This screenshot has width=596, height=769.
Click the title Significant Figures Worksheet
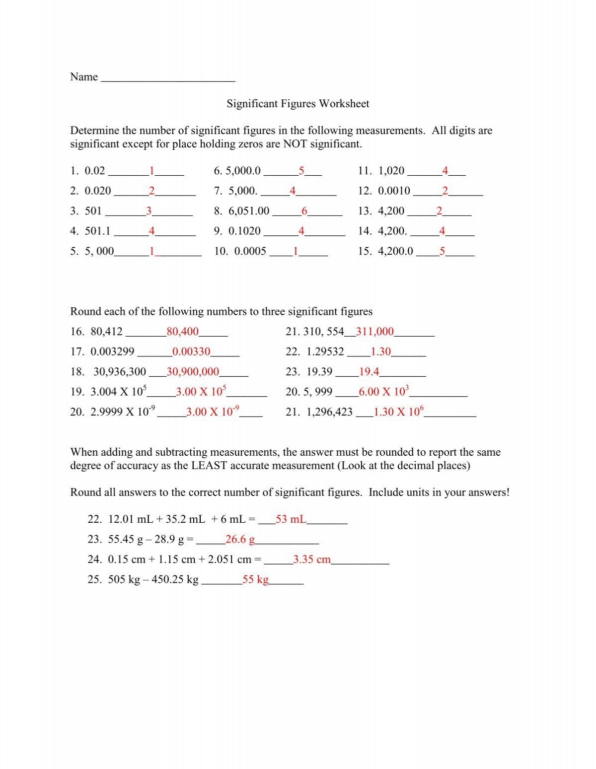tap(298, 104)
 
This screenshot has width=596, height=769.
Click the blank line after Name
tap(167, 77)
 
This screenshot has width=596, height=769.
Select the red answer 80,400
tap(183, 332)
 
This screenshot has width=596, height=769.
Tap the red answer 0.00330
tap(191, 352)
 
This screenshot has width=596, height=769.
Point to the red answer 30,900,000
tap(193, 372)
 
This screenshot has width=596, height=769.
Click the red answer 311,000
tap(374, 332)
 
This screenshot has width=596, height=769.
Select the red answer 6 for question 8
tap(304, 211)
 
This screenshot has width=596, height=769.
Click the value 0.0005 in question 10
tap(250, 251)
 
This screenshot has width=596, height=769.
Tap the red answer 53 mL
tap(291, 520)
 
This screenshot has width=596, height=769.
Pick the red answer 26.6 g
tap(240, 540)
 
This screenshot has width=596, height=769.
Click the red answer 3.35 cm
tap(311, 559)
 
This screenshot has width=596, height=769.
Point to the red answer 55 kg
tap(255, 579)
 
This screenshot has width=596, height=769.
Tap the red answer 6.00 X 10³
tap(383, 392)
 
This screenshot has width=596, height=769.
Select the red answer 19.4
tap(369, 372)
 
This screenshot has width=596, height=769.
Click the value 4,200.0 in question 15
tap(395, 251)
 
